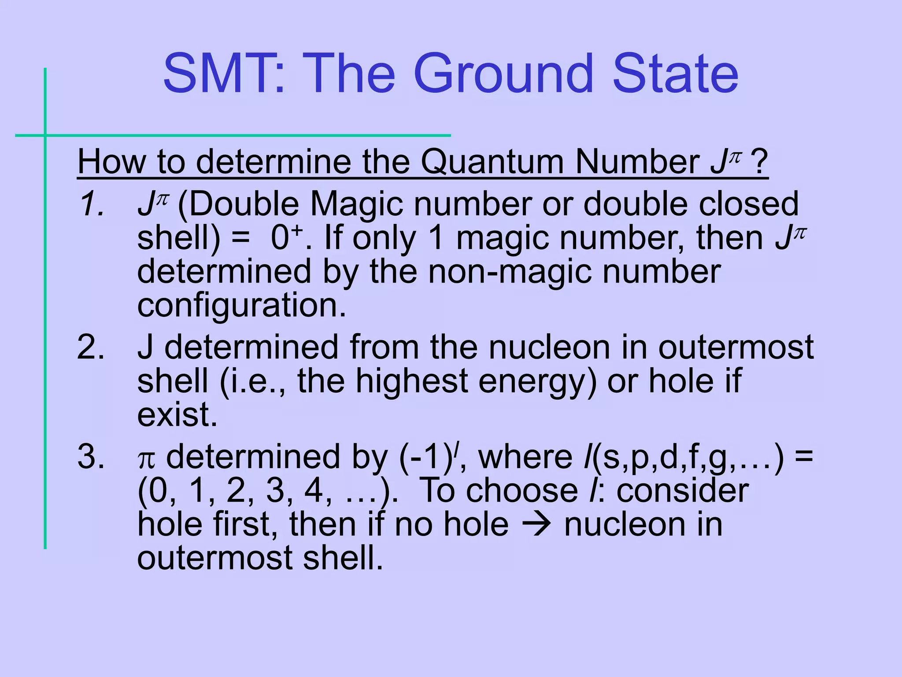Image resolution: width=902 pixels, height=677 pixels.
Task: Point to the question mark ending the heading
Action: pyautogui.click(x=759, y=162)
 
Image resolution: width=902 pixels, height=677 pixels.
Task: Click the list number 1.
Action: pyautogui.click(x=91, y=204)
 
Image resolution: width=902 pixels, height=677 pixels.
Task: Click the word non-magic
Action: pyautogui.click(x=509, y=272)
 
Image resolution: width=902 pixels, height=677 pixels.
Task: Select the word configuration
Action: pyautogui.click(x=241, y=306)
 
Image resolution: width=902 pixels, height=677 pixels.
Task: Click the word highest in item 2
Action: pyautogui.click(x=411, y=381)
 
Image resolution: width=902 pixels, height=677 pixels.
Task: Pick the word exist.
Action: pyautogui.click(x=177, y=414)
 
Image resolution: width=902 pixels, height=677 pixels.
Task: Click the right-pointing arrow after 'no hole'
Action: pyautogui.click(x=536, y=524)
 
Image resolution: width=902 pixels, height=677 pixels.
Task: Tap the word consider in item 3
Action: pyautogui.click(x=682, y=491)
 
